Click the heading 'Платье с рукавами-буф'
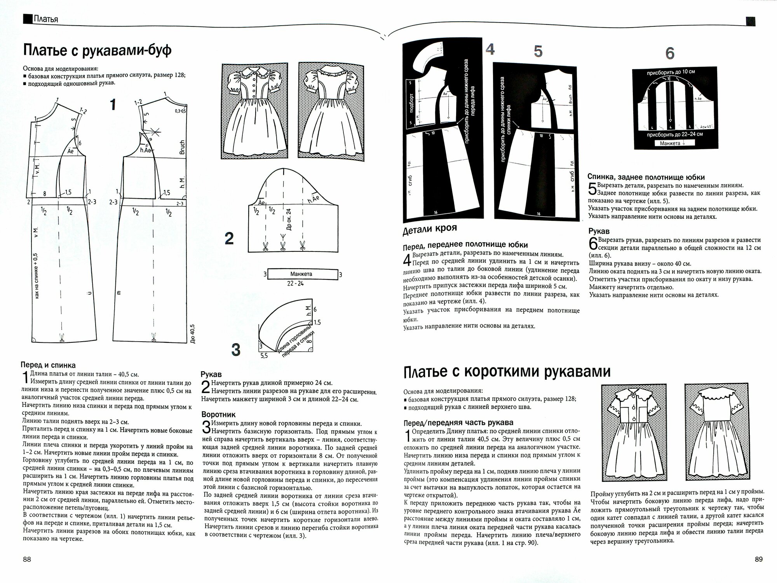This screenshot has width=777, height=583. (x=97, y=51)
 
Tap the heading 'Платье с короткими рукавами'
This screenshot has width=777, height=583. (x=507, y=372)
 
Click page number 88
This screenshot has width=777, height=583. (x=27, y=559)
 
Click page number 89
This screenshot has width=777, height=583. (x=758, y=559)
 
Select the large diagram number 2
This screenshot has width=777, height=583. (x=229, y=238)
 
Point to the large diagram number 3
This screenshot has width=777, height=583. (x=235, y=350)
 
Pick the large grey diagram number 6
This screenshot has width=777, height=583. (x=669, y=54)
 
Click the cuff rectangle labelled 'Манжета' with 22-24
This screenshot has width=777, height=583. (x=301, y=274)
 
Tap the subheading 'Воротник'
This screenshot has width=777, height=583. (x=218, y=415)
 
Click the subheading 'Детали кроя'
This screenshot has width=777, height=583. (x=430, y=228)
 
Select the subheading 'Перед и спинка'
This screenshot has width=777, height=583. (x=48, y=365)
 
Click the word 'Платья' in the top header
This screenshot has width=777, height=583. (x=45, y=19)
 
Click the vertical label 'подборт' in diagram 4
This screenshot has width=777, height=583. (x=412, y=103)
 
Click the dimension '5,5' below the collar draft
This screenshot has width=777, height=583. (x=264, y=355)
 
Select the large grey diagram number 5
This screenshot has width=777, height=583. (x=538, y=51)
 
